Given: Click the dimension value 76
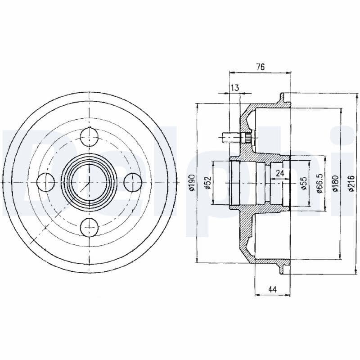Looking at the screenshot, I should pos(260,67).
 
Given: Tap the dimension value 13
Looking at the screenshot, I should pos(234,87).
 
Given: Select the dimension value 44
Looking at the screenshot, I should pos(272,289).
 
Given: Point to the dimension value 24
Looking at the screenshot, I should pos(279,172).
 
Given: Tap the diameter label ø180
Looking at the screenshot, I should pos(335,183).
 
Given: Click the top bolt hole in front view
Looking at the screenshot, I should pos(89,136).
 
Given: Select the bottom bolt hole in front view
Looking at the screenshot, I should pos(89,227).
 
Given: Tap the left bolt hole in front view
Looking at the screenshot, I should pos(44,182).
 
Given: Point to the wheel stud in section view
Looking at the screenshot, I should pos(233,136).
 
